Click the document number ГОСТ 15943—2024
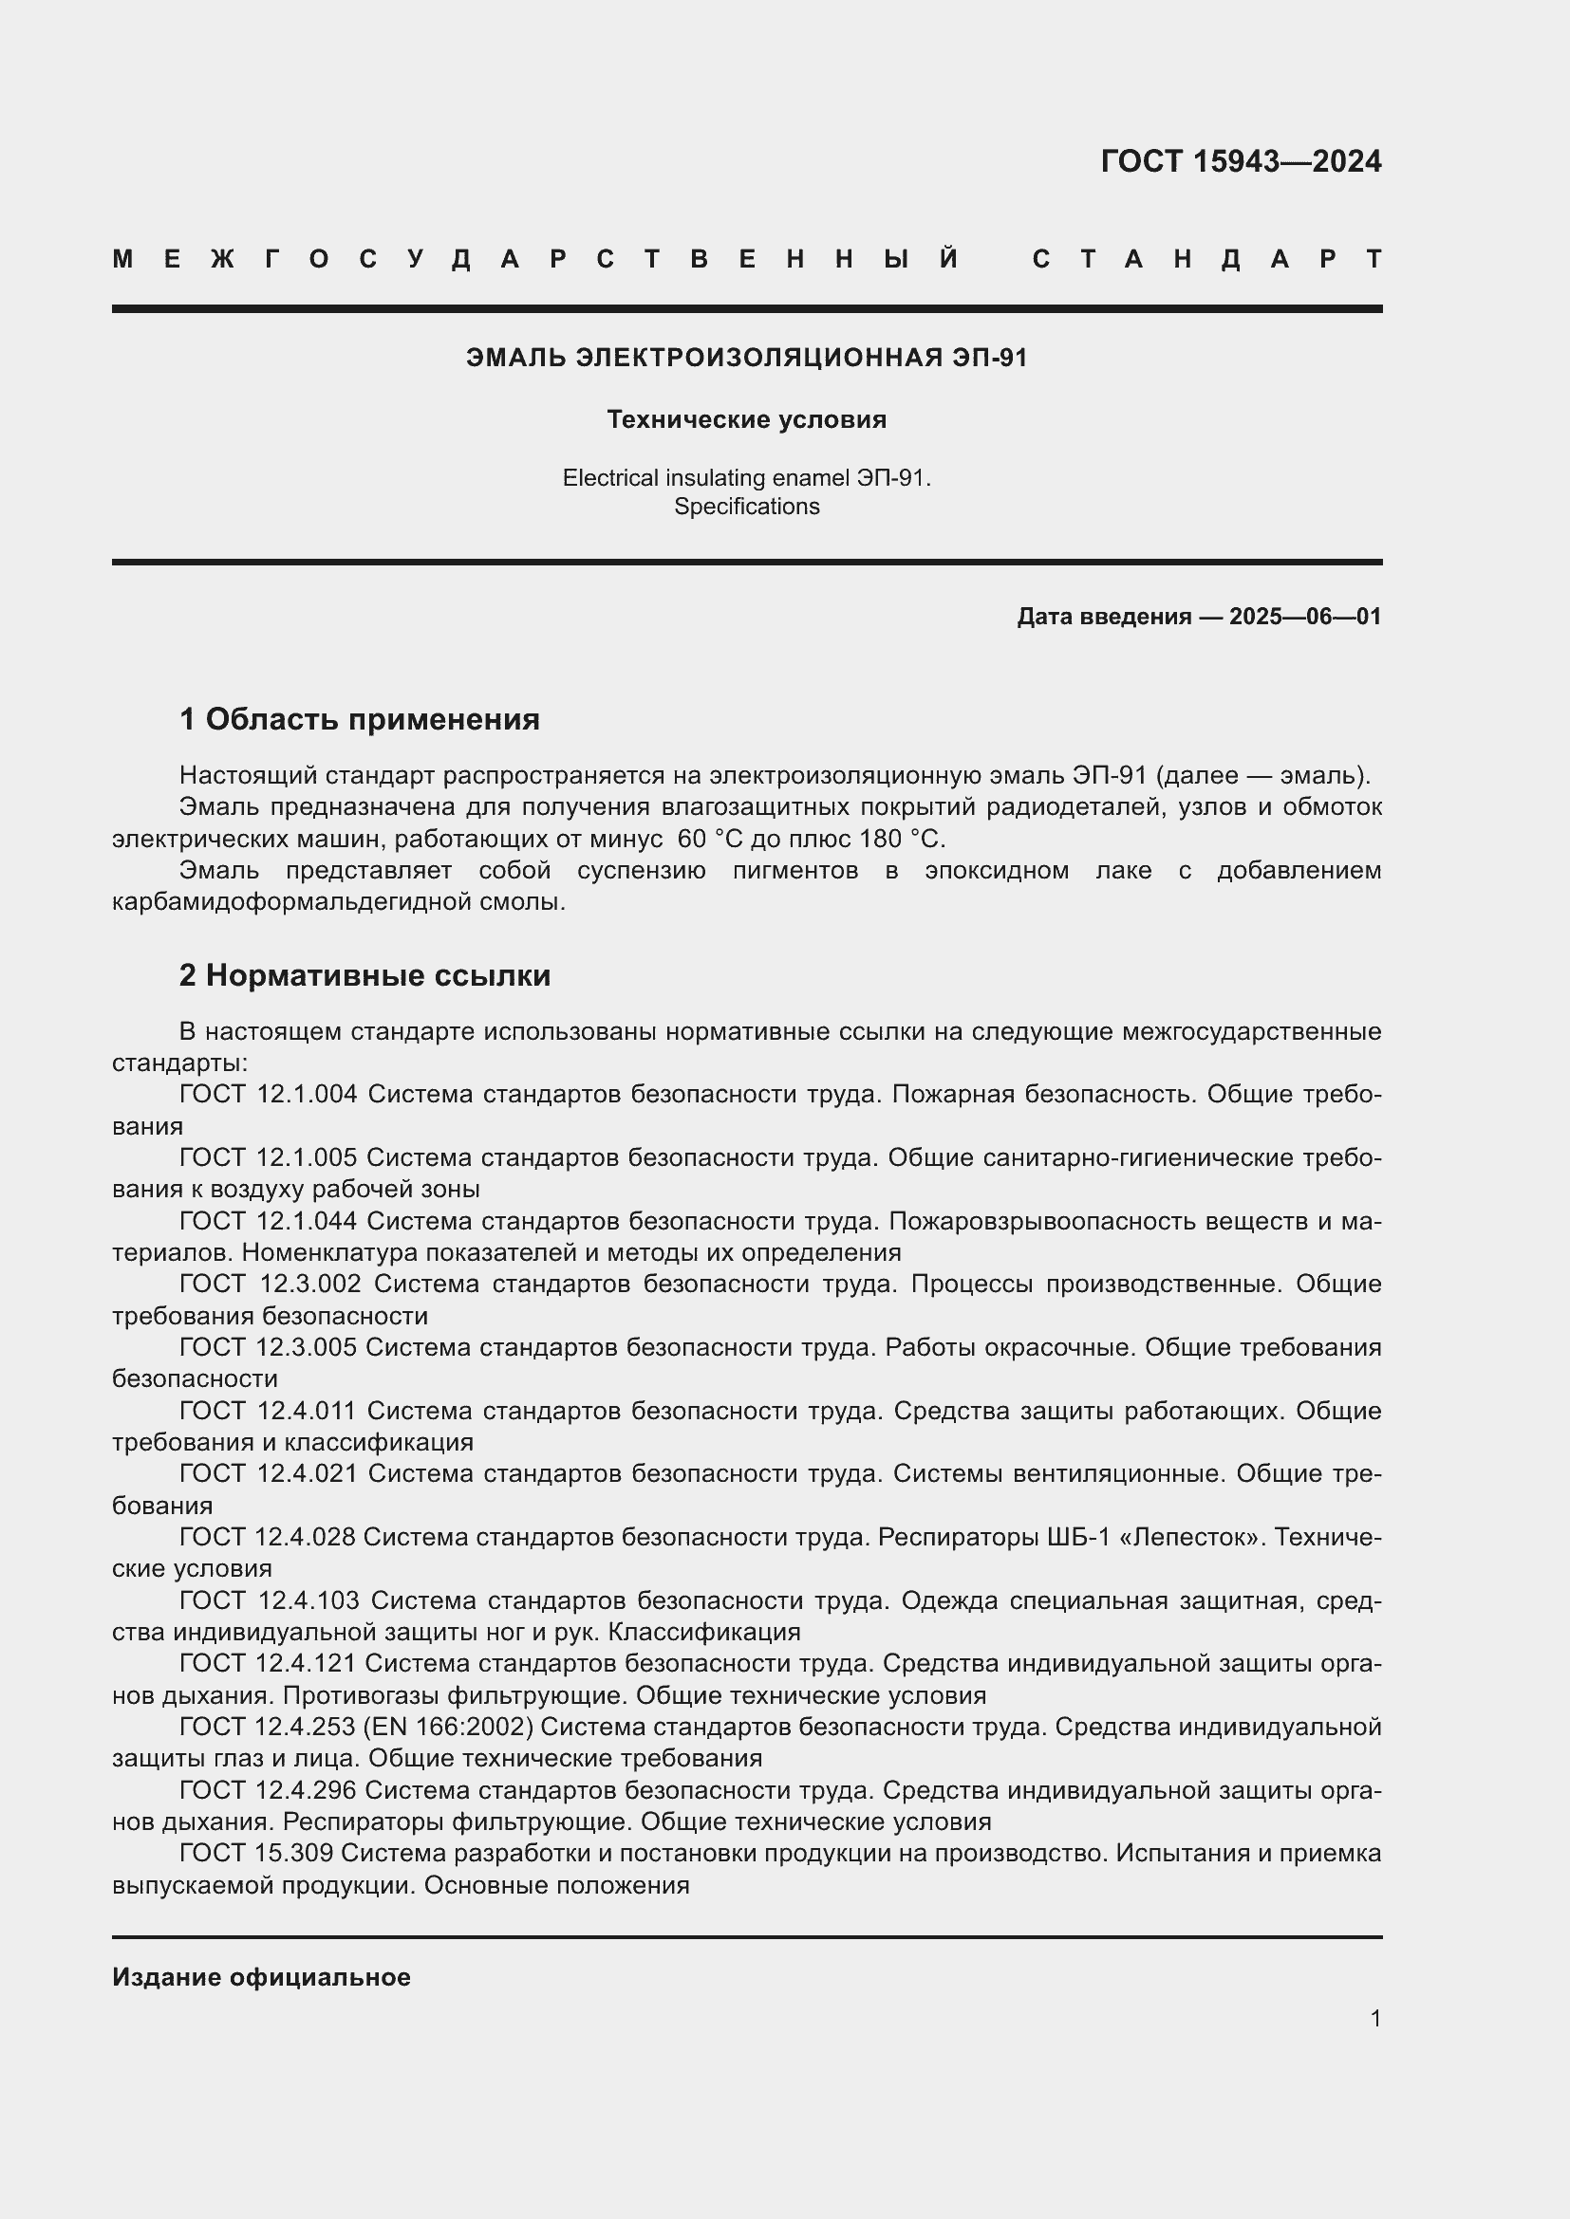click(x=1241, y=161)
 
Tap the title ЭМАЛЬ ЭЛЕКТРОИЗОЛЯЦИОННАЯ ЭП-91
click(x=746, y=358)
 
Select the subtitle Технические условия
click(x=746, y=419)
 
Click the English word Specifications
click(x=746, y=507)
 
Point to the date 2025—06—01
click(x=1304, y=617)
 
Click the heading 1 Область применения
click(x=359, y=719)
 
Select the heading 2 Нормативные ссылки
click(x=364, y=975)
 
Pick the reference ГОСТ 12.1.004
click(x=268, y=1094)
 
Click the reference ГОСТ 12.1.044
click(x=268, y=1221)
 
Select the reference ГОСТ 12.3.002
click(x=270, y=1284)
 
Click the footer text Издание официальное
click(x=261, y=1977)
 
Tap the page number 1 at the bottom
click(x=1374, y=2018)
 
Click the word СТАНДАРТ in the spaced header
click(x=1206, y=259)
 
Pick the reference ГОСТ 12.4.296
click(x=268, y=1790)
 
